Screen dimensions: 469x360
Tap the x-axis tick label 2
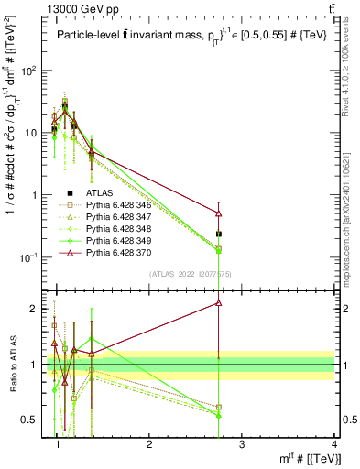click(x=149, y=446)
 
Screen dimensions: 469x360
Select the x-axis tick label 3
click(x=241, y=446)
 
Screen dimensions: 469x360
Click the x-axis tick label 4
click(x=333, y=446)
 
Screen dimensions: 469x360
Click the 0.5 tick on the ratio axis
click(x=33, y=420)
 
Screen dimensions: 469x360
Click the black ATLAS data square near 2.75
click(x=218, y=234)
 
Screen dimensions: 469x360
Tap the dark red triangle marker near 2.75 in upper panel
click(x=218, y=213)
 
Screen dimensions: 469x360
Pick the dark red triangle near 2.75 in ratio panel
click(x=218, y=302)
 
